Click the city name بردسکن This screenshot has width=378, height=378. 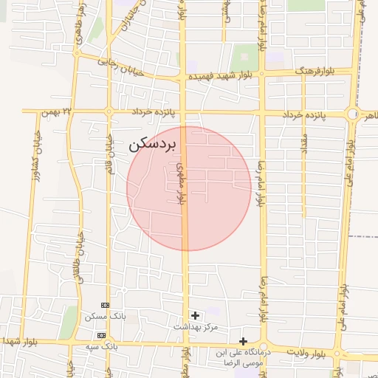(x=153, y=144)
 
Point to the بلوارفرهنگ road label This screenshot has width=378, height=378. (x=315, y=72)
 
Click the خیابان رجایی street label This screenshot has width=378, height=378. (x=117, y=63)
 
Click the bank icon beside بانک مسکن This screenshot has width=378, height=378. (x=105, y=305)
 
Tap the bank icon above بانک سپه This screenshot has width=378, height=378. (x=102, y=335)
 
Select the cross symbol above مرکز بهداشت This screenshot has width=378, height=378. (x=195, y=315)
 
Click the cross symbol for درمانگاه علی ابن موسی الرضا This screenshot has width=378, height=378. (x=243, y=341)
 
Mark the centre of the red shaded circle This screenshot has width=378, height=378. (x=188, y=188)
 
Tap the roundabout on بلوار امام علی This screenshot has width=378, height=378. (x=353, y=114)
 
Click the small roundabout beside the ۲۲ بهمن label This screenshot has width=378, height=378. (x=109, y=112)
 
